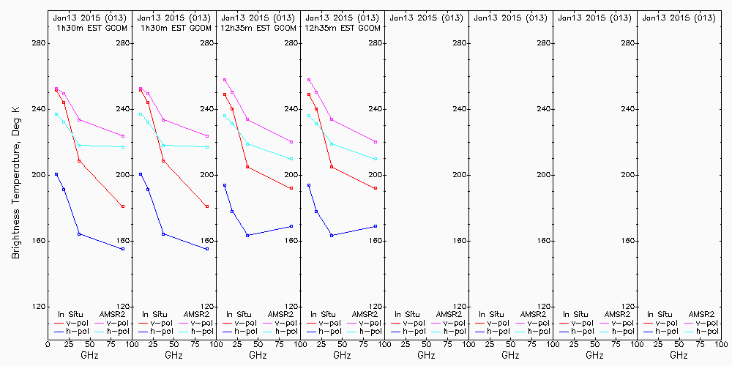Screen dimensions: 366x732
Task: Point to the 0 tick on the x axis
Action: click(48, 343)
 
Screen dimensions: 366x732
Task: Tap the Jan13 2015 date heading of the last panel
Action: click(679, 17)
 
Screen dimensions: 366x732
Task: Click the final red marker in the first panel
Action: click(123, 206)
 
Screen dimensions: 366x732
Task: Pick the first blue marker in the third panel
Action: click(225, 185)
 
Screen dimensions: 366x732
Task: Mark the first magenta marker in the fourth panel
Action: click(309, 80)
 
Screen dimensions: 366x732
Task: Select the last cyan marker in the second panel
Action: click(207, 147)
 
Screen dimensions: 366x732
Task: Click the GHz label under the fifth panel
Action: click(426, 355)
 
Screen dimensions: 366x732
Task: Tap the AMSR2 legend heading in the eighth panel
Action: click(700, 314)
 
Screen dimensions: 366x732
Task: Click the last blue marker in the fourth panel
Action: click(376, 226)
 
